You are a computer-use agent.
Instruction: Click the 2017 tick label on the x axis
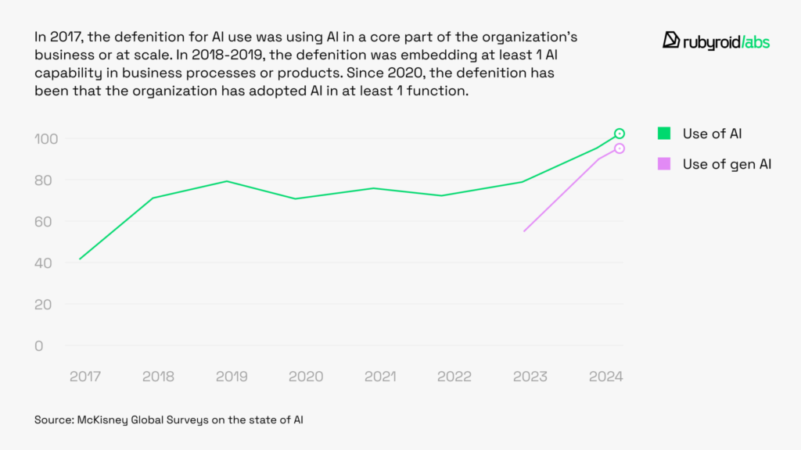coord(84,377)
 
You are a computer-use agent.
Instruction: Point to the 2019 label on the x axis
coord(232,377)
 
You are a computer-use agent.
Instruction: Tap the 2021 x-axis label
coord(380,377)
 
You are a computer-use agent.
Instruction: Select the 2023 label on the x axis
coord(530,377)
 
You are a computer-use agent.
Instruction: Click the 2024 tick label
coord(605,377)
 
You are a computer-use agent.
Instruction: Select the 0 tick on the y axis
coord(39,346)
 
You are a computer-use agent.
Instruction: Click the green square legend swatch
coord(664,134)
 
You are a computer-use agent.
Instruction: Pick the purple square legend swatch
coord(664,163)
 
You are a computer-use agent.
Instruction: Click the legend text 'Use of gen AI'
coord(727,163)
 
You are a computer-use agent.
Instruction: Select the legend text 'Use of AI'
coord(712,134)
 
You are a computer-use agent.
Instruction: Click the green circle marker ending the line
coord(620,134)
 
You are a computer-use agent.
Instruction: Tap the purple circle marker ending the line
coord(620,148)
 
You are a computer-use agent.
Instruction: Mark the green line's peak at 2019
coord(227,181)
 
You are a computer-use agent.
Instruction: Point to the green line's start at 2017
coord(80,259)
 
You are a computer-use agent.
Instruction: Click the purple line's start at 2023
coord(524,231)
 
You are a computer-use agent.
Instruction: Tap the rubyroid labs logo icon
coord(670,41)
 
